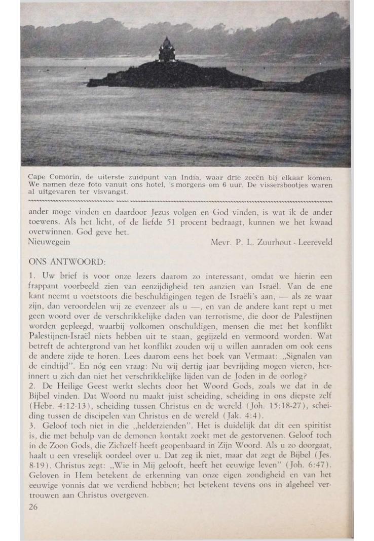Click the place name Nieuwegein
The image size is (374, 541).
[x=48, y=242]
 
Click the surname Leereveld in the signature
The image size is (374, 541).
[x=315, y=242]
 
